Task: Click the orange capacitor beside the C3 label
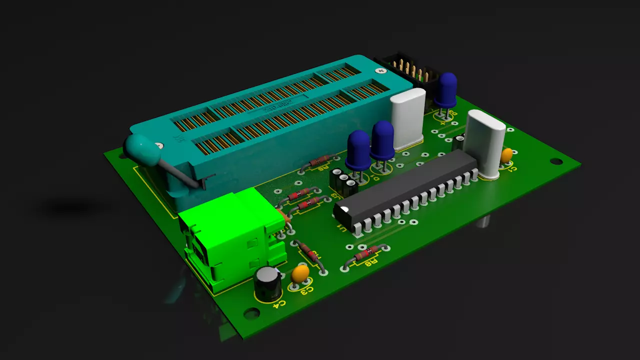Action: point(300,273)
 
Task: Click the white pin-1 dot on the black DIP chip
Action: point(344,208)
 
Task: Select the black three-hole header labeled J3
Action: point(343,183)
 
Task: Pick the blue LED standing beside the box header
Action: point(445,90)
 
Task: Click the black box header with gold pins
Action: point(406,70)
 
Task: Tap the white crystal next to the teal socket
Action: point(407,119)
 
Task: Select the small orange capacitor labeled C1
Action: point(506,155)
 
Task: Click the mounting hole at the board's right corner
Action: point(556,161)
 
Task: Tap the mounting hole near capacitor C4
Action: point(251,313)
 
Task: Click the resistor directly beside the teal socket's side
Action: point(319,161)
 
